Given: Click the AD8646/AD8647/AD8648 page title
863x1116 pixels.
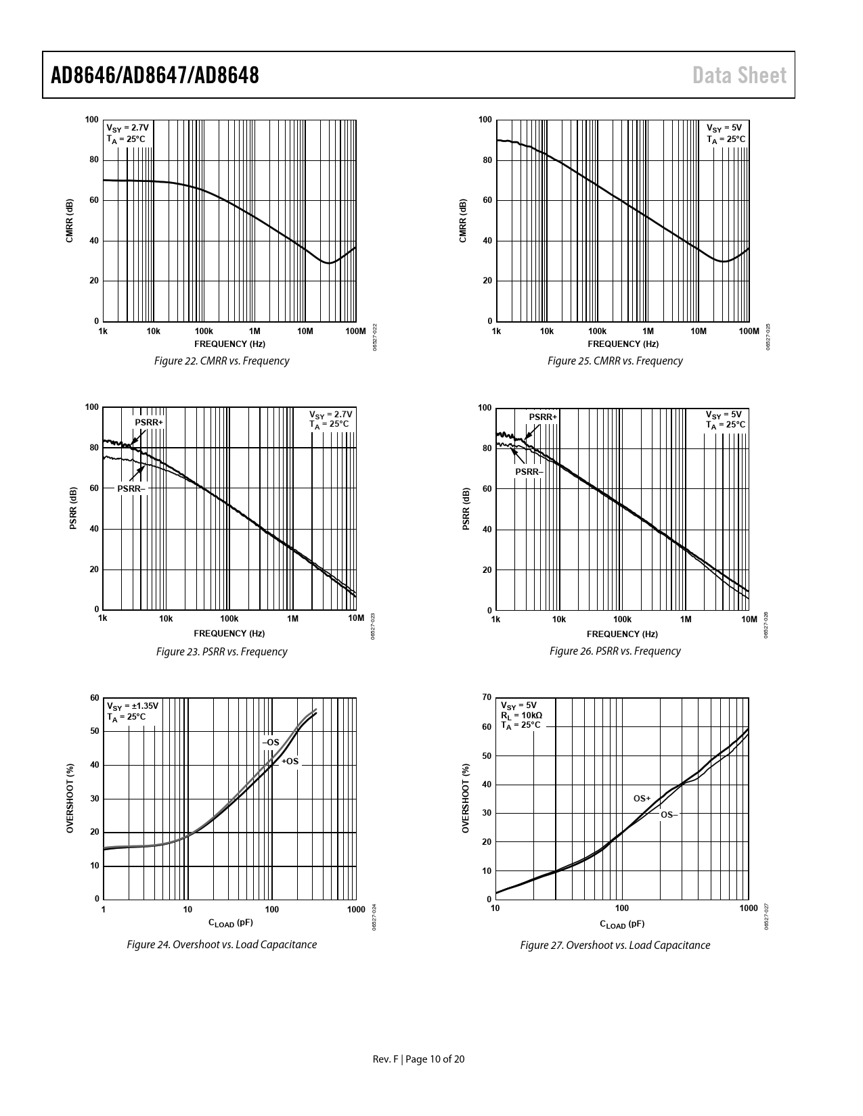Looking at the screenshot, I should click(x=155, y=75).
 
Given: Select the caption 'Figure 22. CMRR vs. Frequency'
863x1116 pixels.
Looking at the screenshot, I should click(x=221, y=361).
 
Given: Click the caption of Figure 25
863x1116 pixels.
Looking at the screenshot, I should click(x=615, y=361).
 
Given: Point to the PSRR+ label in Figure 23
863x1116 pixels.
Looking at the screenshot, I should click(x=149, y=423).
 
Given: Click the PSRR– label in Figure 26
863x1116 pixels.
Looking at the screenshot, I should click(x=529, y=471).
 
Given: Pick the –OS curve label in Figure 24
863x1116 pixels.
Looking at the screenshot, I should click(x=271, y=743).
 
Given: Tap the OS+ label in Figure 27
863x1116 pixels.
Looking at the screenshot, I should click(x=642, y=799).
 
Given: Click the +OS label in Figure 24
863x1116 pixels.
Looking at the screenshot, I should click(x=290, y=762).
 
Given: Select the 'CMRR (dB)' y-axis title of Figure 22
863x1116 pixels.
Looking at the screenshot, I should click(x=70, y=221).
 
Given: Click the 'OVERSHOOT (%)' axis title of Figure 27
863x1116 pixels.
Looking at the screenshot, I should click(x=466, y=797).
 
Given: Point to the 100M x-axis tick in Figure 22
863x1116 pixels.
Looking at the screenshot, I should click(x=355, y=331).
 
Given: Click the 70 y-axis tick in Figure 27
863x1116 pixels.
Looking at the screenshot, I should click(x=486, y=697).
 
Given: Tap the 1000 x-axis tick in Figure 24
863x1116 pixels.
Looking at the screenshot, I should click(x=355, y=910).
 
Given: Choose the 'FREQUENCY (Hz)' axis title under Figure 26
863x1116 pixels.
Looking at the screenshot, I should click(x=622, y=634).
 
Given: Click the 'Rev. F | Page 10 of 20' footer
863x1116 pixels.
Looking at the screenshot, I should click(x=419, y=1059).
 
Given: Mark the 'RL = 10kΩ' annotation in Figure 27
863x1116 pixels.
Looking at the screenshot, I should click(x=521, y=715).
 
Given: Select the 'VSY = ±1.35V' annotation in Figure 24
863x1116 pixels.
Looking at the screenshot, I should click(x=133, y=706).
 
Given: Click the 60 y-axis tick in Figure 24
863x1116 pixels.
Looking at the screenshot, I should click(x=94, y=698).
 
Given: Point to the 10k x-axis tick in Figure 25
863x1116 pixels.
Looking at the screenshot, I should click(x=546, y=331).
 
